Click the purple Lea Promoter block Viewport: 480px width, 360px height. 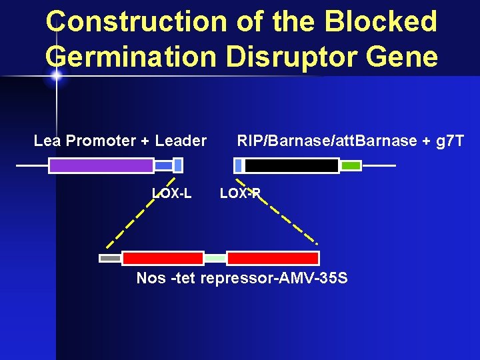coord(101,165)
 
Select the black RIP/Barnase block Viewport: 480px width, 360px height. coord(291,165)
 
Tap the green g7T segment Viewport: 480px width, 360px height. coord(351,165)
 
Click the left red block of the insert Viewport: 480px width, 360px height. coord(163,258)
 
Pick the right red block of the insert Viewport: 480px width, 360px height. coord(273,258)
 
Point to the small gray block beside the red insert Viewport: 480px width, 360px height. coord(110,258)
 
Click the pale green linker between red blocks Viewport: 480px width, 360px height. coord(215,258)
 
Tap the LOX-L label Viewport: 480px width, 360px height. coord(172,194)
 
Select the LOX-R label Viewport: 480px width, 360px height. coord(240,194)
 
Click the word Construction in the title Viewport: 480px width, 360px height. coord(136,21)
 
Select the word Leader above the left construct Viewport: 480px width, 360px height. coord(181,141)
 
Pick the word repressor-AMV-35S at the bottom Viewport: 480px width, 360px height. coord(273,278)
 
